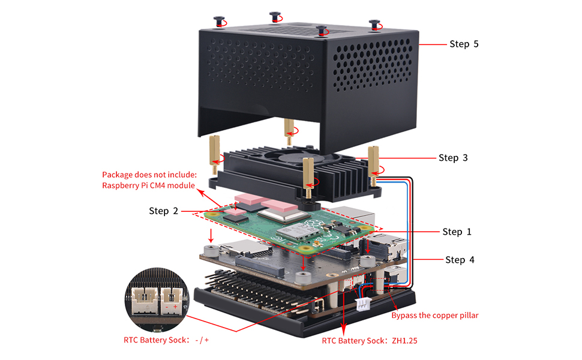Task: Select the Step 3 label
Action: click(x=452, y=158)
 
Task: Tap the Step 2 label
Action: click(x=163, y=211)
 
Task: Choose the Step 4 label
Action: click(x=460, y=260)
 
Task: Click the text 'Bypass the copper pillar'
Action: click(x=435, y=315)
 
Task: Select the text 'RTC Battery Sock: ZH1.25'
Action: click(x=369, y=340)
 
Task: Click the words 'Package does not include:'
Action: click(x=149, y=175)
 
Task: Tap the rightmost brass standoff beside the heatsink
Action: click(x=373, y=162)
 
